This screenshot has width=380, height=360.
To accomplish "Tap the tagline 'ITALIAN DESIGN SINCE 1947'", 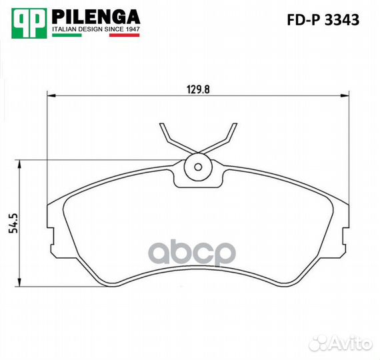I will point(95,29).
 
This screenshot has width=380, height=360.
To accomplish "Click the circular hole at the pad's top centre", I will point(197,167).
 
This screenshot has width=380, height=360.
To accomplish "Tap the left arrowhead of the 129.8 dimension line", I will point(51,96).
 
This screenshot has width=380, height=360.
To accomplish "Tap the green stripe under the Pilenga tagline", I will point(67,36).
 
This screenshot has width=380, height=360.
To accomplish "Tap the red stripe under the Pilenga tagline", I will point(123,36).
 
